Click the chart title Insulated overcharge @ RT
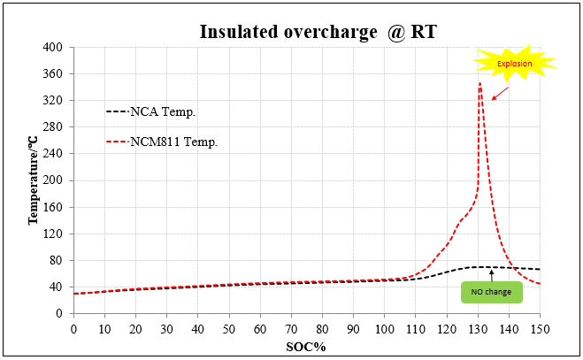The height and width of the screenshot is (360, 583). pos(318,32)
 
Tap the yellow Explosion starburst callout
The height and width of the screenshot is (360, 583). pos(514,63)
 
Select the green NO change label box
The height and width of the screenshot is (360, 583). pos(491,291)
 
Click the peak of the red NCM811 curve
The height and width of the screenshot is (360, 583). pos(479,84)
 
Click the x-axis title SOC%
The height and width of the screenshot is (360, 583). pos(305,346)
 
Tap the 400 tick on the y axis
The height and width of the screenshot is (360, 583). pos(54,47)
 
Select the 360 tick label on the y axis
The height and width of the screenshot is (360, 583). pos(54,73)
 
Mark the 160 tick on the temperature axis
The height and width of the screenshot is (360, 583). pos(54,207)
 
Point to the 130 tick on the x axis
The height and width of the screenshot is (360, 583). pos(478,329)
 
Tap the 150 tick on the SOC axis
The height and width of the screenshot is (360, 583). pos(540,329)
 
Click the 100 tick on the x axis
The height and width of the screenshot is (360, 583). pos(384,329)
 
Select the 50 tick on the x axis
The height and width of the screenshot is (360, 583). pos(228,329)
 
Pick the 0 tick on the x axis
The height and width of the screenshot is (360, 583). pos(73,329)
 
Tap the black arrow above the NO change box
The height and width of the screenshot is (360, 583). pos(491,275)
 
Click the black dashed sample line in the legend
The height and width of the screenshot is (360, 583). pos(117,112)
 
